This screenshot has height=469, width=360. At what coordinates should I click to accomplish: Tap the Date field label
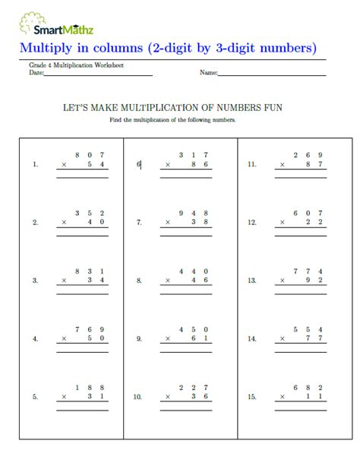pyautogui.click(x=36, y=73)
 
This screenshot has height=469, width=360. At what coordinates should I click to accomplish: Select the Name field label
pyautogui.click(x=208, y=73)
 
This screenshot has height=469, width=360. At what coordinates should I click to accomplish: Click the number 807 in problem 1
pyautogui.click(x=89, y=154)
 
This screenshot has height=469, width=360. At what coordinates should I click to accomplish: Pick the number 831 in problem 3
pyautogui.click(x=89, y=271)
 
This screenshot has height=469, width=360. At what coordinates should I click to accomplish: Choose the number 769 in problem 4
pyautogui.click(x=89, y=329)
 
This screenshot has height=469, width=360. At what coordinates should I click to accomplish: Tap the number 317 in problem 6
pyautogui.click(x=193, y=154)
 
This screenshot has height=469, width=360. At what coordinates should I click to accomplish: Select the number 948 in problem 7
pyautogui.click(x=193, y=213)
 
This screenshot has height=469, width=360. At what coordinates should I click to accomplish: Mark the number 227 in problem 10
pyautogui.click(x=193, y=387)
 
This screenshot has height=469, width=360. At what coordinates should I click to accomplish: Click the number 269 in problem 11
pyautogui.click(x=307, y=154)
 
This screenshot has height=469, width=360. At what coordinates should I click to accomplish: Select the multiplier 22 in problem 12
pyautogui.click(x=314, y=222)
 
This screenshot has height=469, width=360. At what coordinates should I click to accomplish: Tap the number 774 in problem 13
pyautogui.click(x=307, y=271)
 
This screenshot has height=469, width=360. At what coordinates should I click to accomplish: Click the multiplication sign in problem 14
pyautogui.click(x=282, y=339)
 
